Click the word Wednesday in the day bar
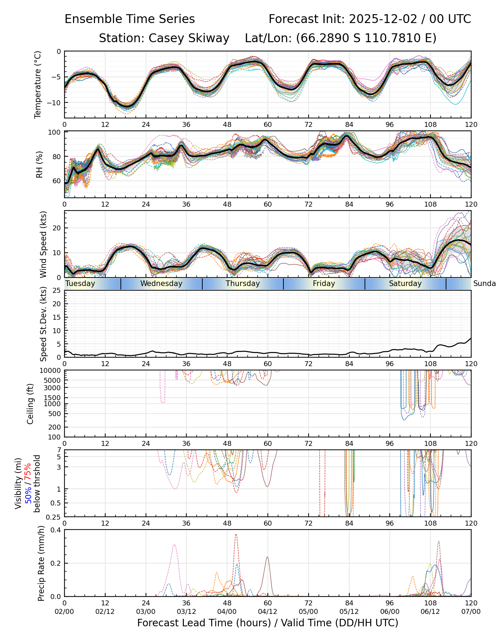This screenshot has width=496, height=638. (161, 284)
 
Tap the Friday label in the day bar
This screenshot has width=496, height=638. (324, 284)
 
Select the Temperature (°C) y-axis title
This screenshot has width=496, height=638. (38, 84)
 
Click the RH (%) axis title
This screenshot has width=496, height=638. (39, 164)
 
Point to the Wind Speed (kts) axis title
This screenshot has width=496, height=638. (43, 244)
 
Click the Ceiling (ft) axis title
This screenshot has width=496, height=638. (30, 404)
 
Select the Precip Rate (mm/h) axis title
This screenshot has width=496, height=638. (41, 563)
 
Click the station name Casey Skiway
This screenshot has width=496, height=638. (189, 38)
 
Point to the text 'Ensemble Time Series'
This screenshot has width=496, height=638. (130, 19)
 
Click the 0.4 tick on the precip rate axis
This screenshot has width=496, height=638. (56, 530)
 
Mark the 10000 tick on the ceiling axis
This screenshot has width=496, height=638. (51, 370)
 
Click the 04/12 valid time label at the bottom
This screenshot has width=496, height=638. (267, 611)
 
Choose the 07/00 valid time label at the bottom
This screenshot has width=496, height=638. (471, 611)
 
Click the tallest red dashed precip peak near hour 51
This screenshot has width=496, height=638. (236, 535)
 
